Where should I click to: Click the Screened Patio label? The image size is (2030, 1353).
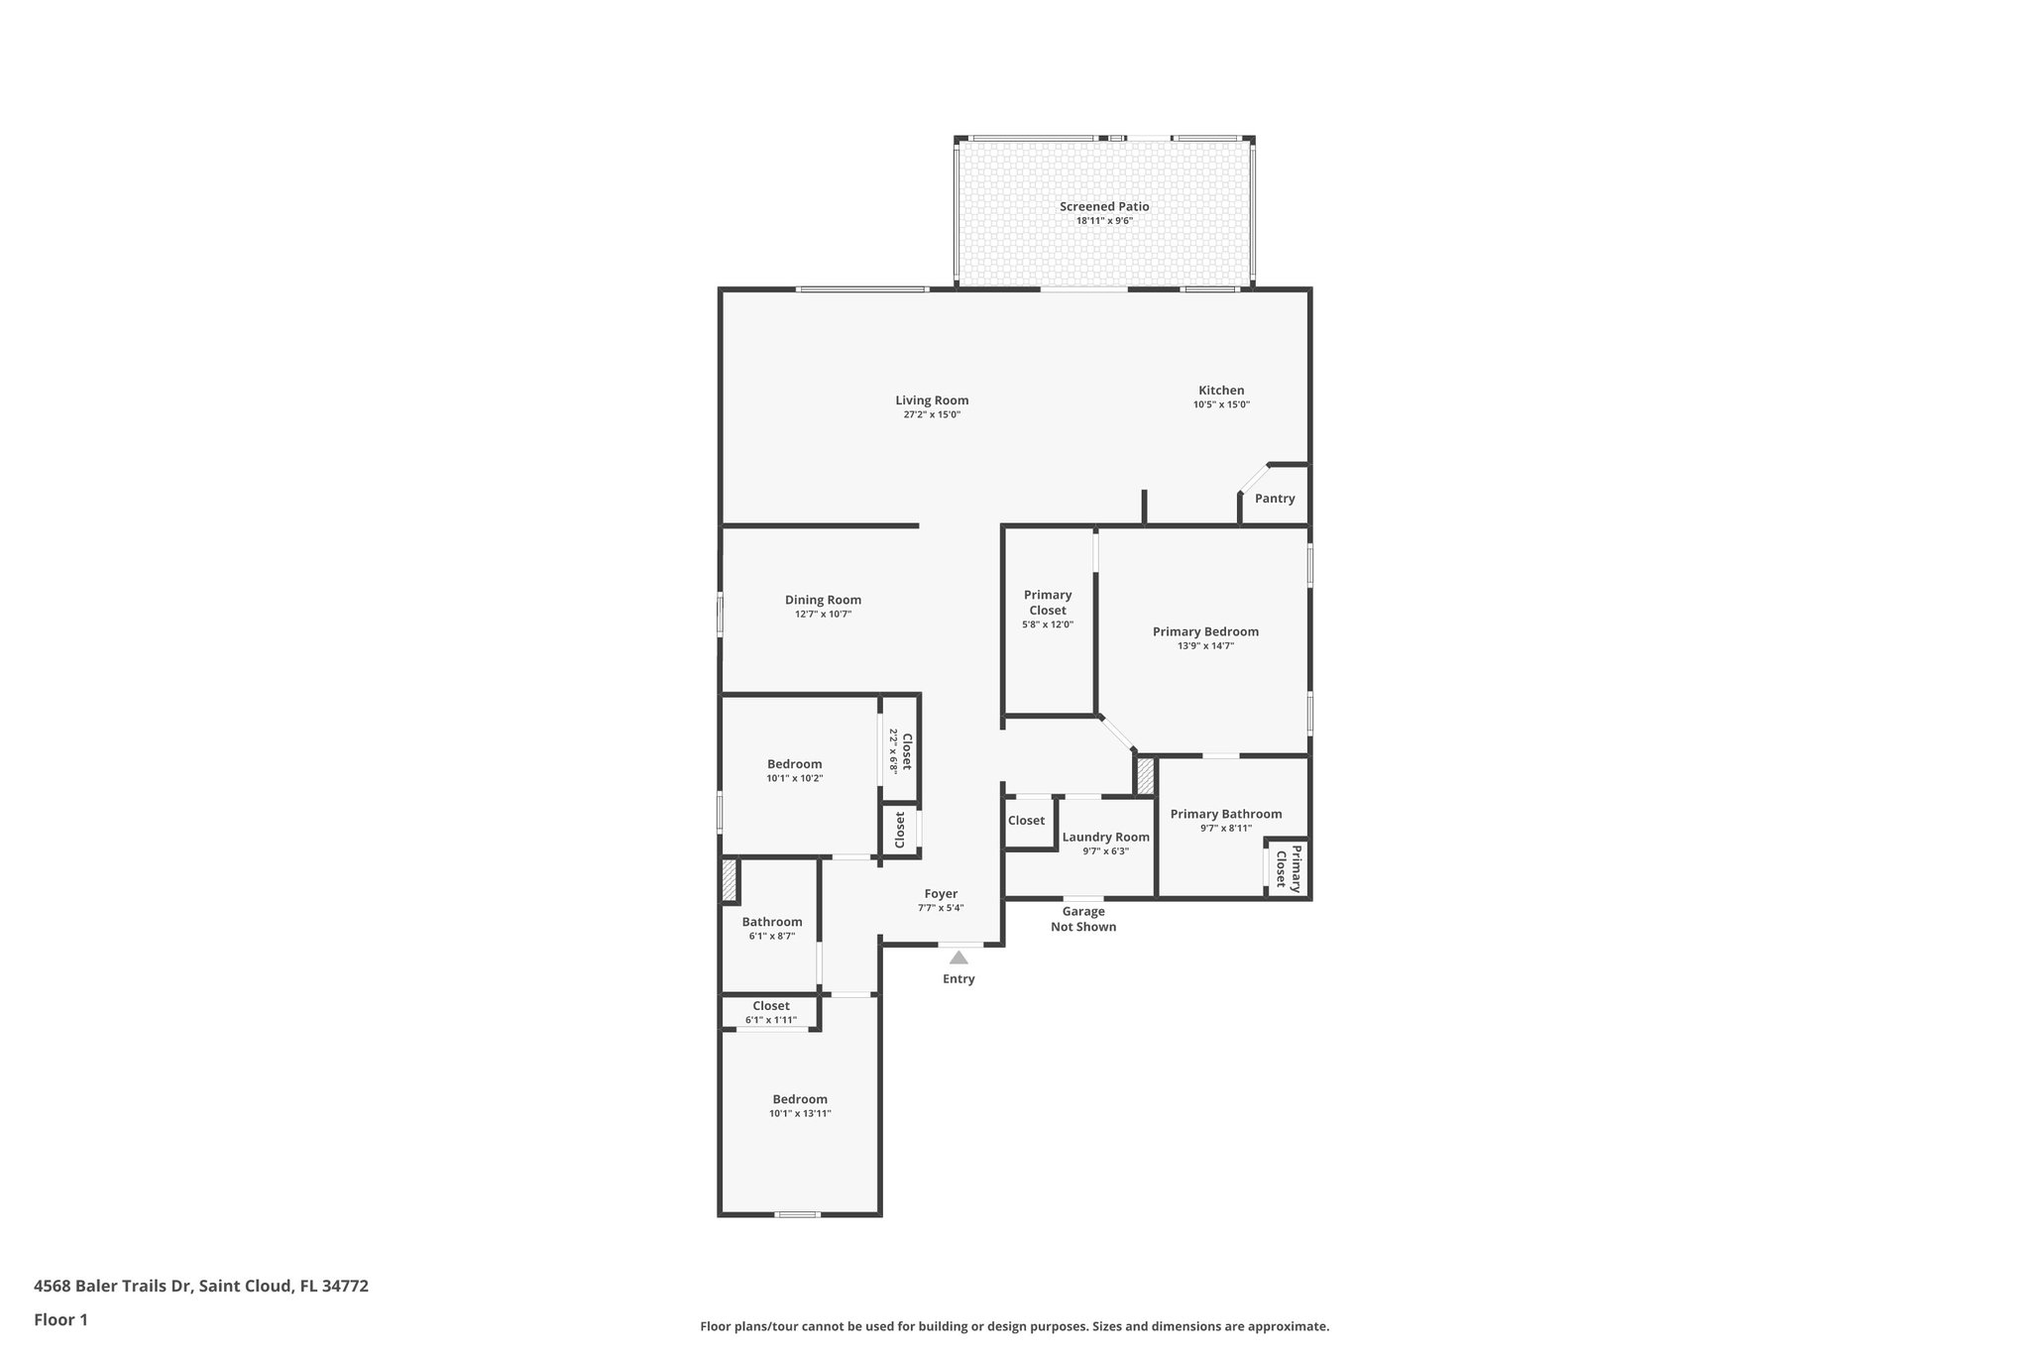1104,206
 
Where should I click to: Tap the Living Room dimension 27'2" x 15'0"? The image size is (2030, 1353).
932,415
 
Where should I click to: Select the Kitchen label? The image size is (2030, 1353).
1221,391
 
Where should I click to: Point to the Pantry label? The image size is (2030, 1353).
1275,499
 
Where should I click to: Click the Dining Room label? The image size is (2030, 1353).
823,600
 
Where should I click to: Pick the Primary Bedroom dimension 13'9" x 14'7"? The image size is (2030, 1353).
1205,646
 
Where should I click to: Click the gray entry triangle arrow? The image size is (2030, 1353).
959,958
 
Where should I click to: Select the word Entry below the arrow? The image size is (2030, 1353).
959,979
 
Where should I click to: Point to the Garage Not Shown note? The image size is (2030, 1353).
1083,919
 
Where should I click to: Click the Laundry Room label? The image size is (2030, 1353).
1105,837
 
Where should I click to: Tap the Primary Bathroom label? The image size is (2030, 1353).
1225,814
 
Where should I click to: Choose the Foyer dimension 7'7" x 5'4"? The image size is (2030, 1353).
941,908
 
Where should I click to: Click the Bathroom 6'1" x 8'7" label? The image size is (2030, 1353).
772,922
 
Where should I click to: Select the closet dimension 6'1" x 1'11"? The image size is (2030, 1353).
771,1020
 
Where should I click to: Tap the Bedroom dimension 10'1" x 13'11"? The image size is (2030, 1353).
800,1114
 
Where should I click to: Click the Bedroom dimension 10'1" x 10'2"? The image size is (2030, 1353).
795,779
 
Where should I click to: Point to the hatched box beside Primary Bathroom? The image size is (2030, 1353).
1146,776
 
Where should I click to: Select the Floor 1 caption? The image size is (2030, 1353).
61,1319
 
